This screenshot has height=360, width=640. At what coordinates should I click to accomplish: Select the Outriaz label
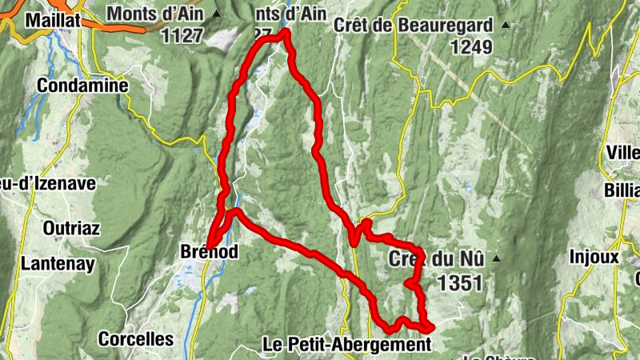tap(71, 229)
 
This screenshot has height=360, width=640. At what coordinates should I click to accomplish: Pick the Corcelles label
tap(136, 339)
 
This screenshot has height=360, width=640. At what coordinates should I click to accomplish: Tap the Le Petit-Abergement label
tap(346, 344)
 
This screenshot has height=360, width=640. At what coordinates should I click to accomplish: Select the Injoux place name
tap(594, 258)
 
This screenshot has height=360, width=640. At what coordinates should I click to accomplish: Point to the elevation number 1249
tap(471, 47)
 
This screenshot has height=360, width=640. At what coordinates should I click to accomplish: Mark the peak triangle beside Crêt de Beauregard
tap(505, 26)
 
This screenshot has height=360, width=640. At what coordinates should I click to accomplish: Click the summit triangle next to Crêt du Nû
tap(497, 258)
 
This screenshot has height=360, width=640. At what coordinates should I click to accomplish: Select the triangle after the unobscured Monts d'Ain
tap(217, 14)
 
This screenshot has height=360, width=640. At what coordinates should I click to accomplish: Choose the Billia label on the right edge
tap(623, 190)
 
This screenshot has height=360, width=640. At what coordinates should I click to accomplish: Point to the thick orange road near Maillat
tap(120, 26)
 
